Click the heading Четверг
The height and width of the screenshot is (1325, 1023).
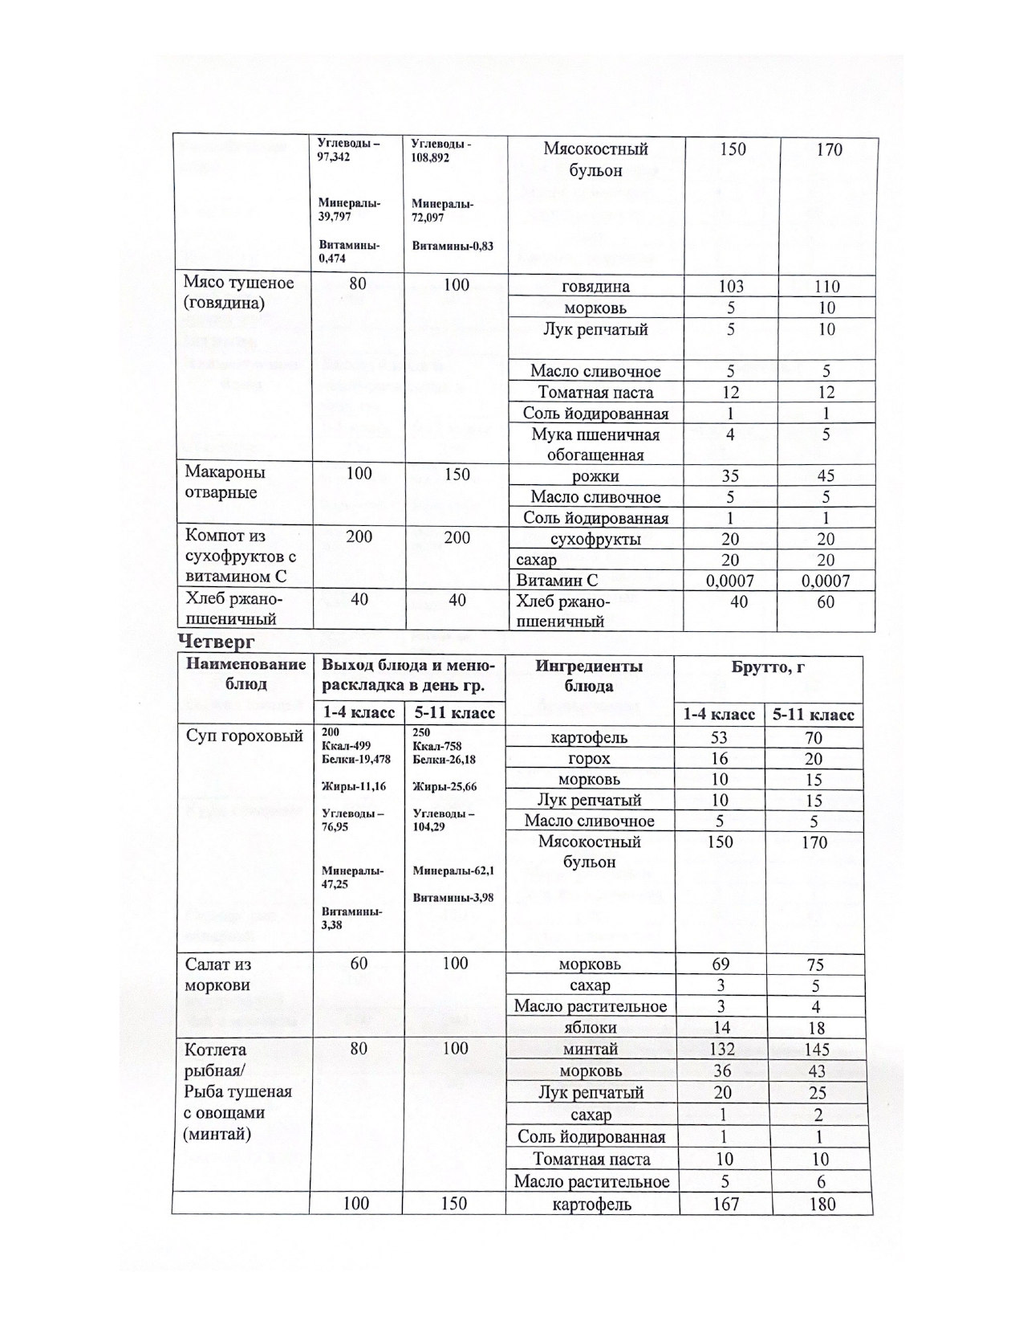click(216, 642)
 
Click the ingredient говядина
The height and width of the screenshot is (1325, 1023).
click(596, 287)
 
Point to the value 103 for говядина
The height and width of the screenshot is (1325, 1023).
click(731, 287)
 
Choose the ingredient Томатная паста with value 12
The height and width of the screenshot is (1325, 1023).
click(595, 393)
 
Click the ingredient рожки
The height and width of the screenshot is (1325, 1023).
click(595, 476)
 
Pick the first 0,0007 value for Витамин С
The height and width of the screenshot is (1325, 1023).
click(731, 581)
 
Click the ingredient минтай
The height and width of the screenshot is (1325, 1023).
click(591, 1050)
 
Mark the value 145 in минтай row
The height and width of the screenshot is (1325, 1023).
click(816, 1050)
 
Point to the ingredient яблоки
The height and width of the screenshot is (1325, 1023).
click(591, 1028)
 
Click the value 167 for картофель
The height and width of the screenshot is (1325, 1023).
click(725, 1205)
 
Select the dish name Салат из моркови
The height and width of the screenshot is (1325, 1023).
click(218, 975)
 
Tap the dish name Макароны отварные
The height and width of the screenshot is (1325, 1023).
click(225, 482)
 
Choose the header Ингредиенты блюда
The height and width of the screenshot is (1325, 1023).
click(589, 676)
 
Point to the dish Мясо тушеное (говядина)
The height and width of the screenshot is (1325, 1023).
click(238, 292)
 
